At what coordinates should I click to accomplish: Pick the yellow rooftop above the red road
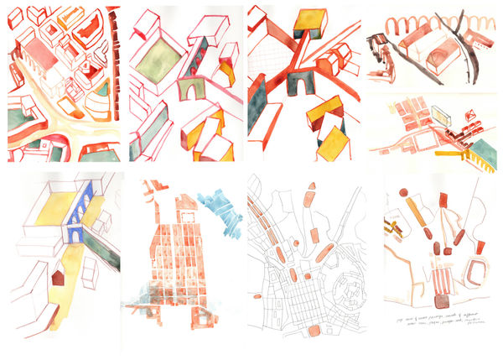point(310,19)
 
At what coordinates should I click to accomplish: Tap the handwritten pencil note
point(432,322)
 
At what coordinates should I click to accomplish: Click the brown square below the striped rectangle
point(438,300)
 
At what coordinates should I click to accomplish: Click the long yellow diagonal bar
point(413,211)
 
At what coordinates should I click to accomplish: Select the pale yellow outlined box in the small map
point(442,112)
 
